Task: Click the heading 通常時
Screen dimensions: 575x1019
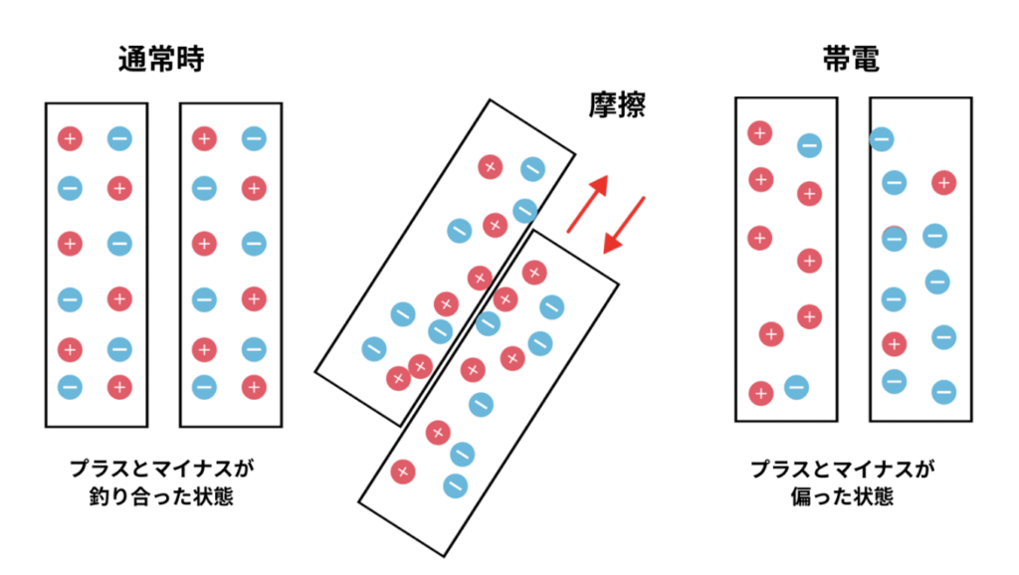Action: [x=161, y=61]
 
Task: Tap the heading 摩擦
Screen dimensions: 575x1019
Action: [x=616, y=103]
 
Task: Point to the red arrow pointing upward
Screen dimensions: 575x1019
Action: [x=588, y=203]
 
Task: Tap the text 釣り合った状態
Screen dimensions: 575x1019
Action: [x=161, y=494]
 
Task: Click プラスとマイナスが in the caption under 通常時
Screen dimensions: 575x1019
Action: [x=161, y=467]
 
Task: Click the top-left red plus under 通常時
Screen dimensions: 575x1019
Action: [x=70, y=139]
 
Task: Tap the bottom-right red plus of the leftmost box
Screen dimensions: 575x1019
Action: [x=119, y=386]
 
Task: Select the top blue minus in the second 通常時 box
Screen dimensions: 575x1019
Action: [x=254, y=139]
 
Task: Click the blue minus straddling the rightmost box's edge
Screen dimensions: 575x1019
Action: [x=882, y=139]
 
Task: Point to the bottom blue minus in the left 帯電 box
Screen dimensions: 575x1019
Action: [x=795, y=387]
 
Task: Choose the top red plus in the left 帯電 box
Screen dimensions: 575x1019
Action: [x=759, y=132]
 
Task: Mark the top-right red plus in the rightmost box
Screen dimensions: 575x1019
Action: [x=943, y=183]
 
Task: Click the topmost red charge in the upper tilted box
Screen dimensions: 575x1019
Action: [x=489, y=166]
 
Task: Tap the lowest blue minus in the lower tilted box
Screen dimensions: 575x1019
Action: [x=455, y=485]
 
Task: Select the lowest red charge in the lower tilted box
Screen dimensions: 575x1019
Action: [x=403, y=472]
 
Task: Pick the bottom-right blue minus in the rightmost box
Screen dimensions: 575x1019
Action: [x=943, y=392]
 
